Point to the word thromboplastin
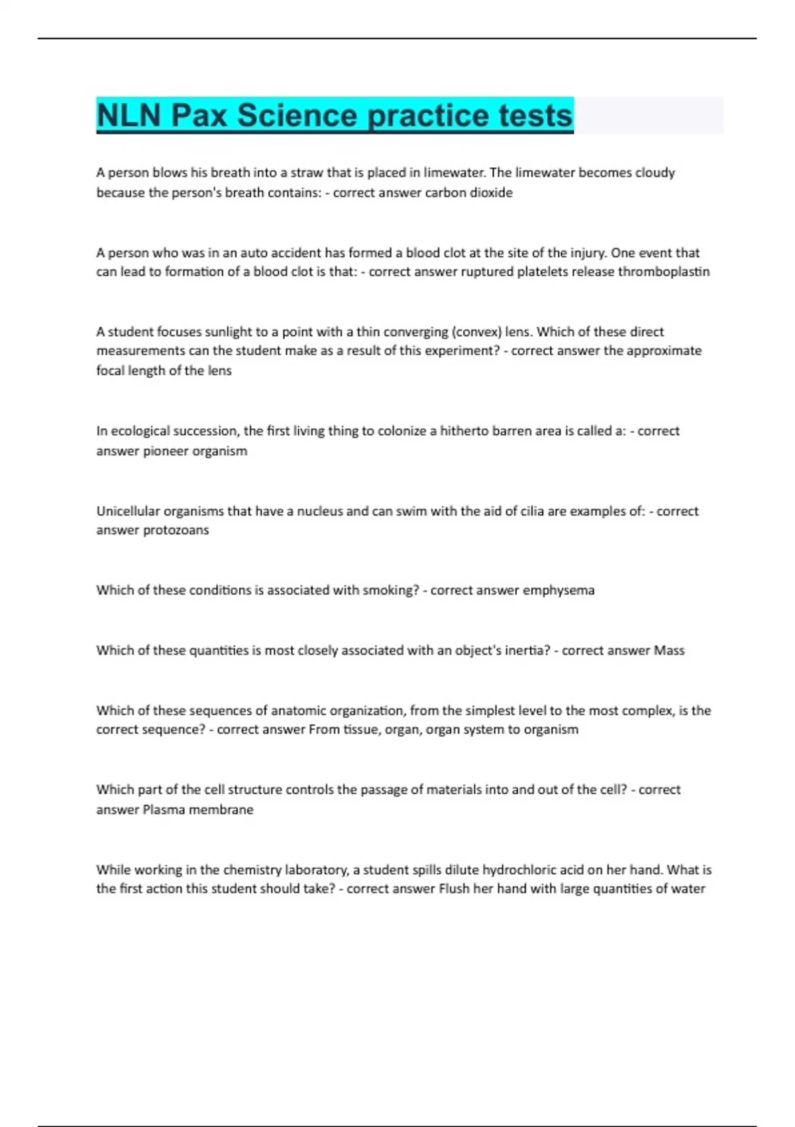[663, 272]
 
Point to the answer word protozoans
[176, 530]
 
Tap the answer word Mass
[669, 650]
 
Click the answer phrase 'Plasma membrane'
[198, 809]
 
